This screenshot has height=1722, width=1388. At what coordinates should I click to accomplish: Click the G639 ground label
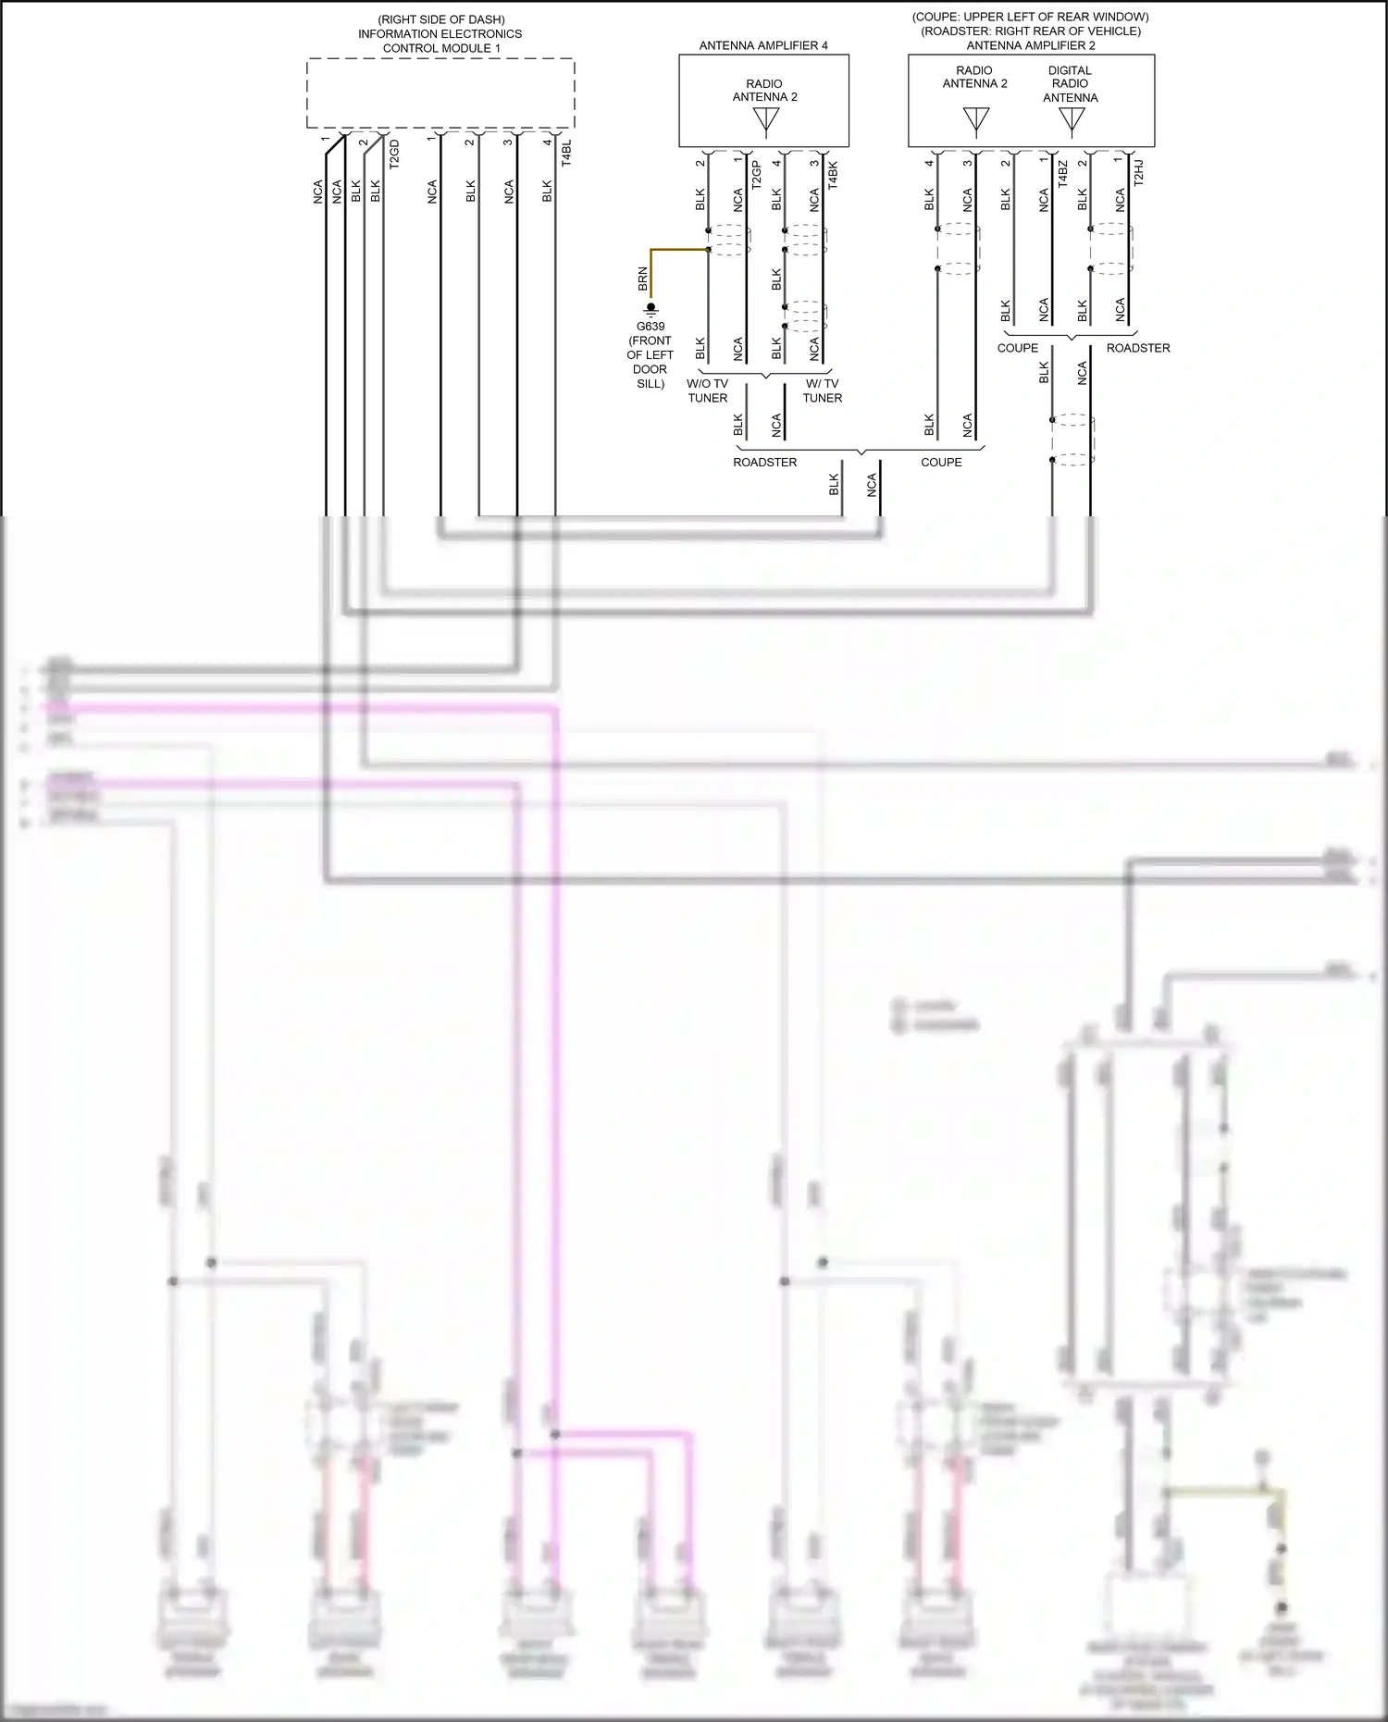(x=650, y=327)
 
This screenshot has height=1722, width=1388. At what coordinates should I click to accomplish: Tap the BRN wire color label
(x=643, y=279)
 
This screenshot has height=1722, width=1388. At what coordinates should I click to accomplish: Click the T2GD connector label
(x=394, y=154)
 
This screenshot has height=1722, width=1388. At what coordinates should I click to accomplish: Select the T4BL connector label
(x=566, y=153)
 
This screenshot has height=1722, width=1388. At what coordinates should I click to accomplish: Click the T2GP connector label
(x=756, y=175)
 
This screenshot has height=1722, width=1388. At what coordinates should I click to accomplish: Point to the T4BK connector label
(x=833, y=175)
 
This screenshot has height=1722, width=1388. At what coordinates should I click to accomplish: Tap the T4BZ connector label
(x=1062, y=174)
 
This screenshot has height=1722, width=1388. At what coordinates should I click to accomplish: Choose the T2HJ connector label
(x=1139, y=173)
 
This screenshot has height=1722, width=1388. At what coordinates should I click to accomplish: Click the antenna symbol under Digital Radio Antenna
(x=1072, y=121)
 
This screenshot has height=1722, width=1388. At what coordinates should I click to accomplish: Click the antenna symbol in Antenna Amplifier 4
(x=766, y=121)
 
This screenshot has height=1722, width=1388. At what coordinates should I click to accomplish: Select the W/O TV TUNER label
(x=707, y=390)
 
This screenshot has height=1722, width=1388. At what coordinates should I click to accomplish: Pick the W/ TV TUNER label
(x=822, y=390)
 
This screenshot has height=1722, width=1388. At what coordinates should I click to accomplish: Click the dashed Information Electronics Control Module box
(x=440, y=93)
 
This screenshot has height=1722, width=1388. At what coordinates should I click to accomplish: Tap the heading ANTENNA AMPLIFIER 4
(x=763, y=45)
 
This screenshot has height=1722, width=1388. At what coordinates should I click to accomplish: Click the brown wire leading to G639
(x=675, y=250)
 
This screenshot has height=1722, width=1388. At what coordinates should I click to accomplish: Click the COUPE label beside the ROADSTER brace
(x=941, y=463)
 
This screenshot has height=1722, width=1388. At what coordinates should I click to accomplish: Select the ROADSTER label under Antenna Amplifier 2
(x=1138, y=348)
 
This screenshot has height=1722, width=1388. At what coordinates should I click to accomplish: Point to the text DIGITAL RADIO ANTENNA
(x=1070, y=83)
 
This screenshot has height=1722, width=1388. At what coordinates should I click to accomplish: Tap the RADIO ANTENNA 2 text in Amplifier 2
(x=974, y=77)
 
